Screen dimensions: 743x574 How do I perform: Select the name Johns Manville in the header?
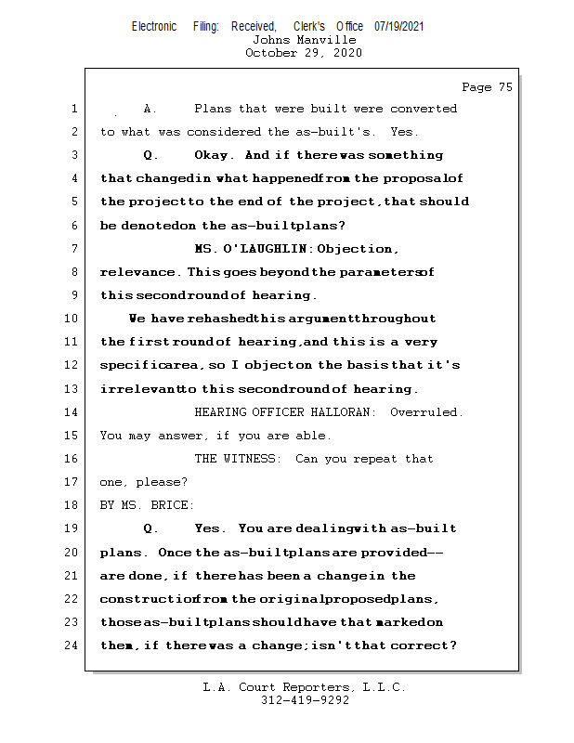click(304, 40)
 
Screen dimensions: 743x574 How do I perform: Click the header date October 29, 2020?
click(304, 53)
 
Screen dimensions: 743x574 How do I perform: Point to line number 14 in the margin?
click(72, 411)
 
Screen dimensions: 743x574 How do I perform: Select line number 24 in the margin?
click(72, 645)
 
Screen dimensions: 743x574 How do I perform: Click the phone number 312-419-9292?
click(304, 700)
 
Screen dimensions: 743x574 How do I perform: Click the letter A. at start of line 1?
click(149, 109)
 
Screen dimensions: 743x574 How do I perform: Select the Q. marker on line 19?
click(150, 528)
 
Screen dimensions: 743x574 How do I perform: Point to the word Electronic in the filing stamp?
click(154, 26)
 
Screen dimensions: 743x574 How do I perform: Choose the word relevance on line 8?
click(139, 272)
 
